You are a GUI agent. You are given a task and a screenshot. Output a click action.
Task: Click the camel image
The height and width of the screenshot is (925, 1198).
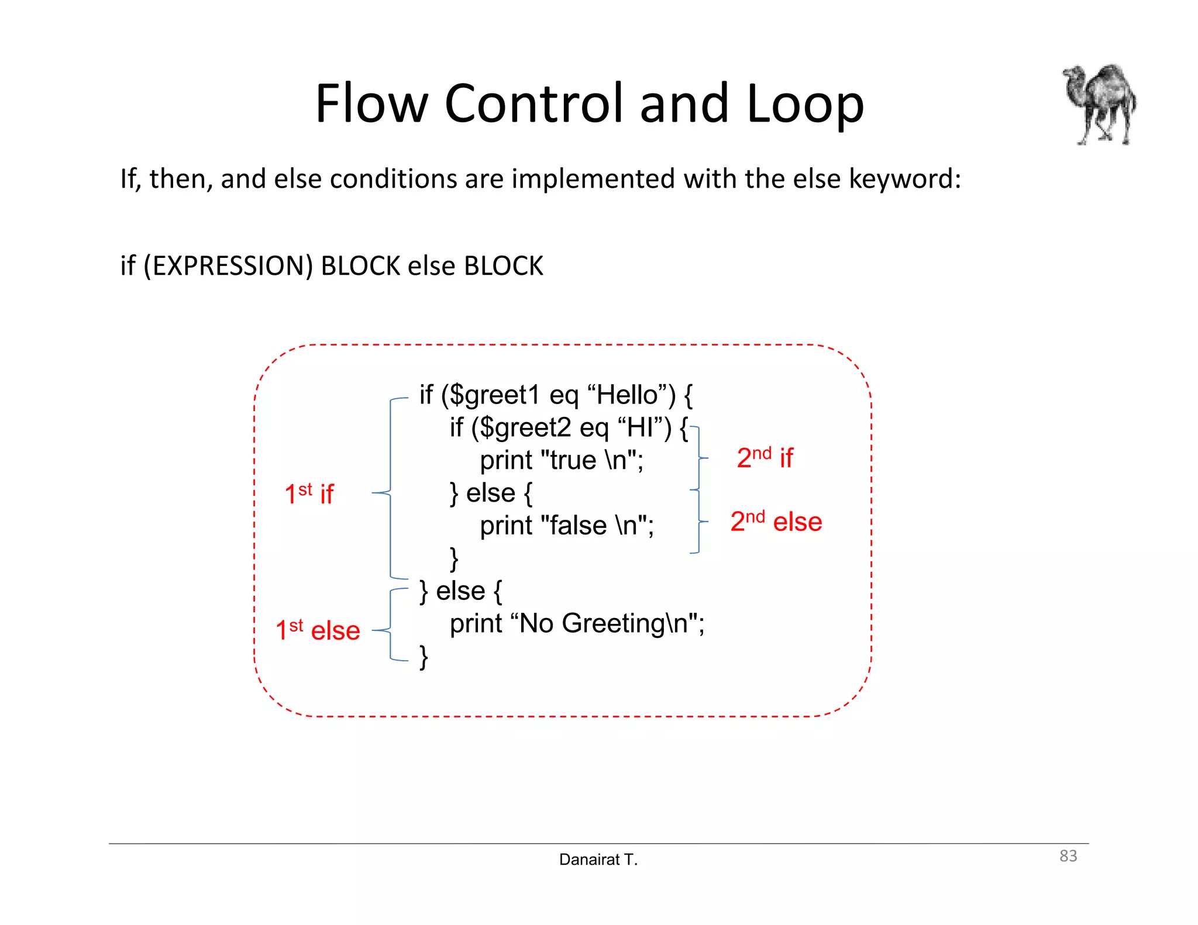click(1099, 104)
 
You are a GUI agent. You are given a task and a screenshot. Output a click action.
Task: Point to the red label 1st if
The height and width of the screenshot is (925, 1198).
click(309, 494)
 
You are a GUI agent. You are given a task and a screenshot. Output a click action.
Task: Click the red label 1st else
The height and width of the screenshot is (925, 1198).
click(318, 630)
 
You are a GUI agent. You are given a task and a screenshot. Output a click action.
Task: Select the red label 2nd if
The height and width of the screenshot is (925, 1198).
click(765, 457)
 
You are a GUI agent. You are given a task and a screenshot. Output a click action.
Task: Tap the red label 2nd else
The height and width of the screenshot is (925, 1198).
click(776, 522)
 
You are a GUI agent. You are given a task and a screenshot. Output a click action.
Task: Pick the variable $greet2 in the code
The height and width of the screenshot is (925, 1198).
click(525, 428)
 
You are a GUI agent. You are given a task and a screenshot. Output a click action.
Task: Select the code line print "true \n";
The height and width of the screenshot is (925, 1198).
click(562, 461)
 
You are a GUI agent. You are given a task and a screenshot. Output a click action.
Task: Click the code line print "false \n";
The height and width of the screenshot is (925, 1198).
click(567, 526)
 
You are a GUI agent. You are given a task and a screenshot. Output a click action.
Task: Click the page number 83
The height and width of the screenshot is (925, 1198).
click(1068, 856)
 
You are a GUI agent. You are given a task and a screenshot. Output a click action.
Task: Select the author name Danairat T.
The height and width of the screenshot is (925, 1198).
click(598, 860)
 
